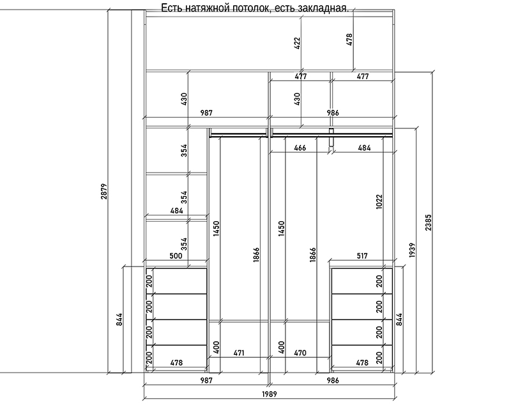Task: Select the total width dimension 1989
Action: click(x=270, y=394)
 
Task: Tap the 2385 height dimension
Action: click(x=428, y=222)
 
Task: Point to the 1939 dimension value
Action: click(x=412, y=250)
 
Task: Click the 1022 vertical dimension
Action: click(x=379, y=201)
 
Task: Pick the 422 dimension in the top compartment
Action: click(x=297, y=43)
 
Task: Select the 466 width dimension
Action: click(x=300, y=148)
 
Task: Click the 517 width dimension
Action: click(x=362, y=256)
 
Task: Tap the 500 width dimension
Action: click(x=176, y=256)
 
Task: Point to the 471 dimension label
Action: click(x=239, y=353)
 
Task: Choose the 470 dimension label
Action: click(x=300, y=353)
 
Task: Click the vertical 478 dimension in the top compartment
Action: click(x=349, y=40)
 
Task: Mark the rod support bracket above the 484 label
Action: click(x=331, y=137)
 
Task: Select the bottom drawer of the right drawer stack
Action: click(x=362, y=357)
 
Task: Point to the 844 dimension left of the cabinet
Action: click(x=119, y=320)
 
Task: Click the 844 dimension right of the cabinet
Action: click(x=399, y=320)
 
